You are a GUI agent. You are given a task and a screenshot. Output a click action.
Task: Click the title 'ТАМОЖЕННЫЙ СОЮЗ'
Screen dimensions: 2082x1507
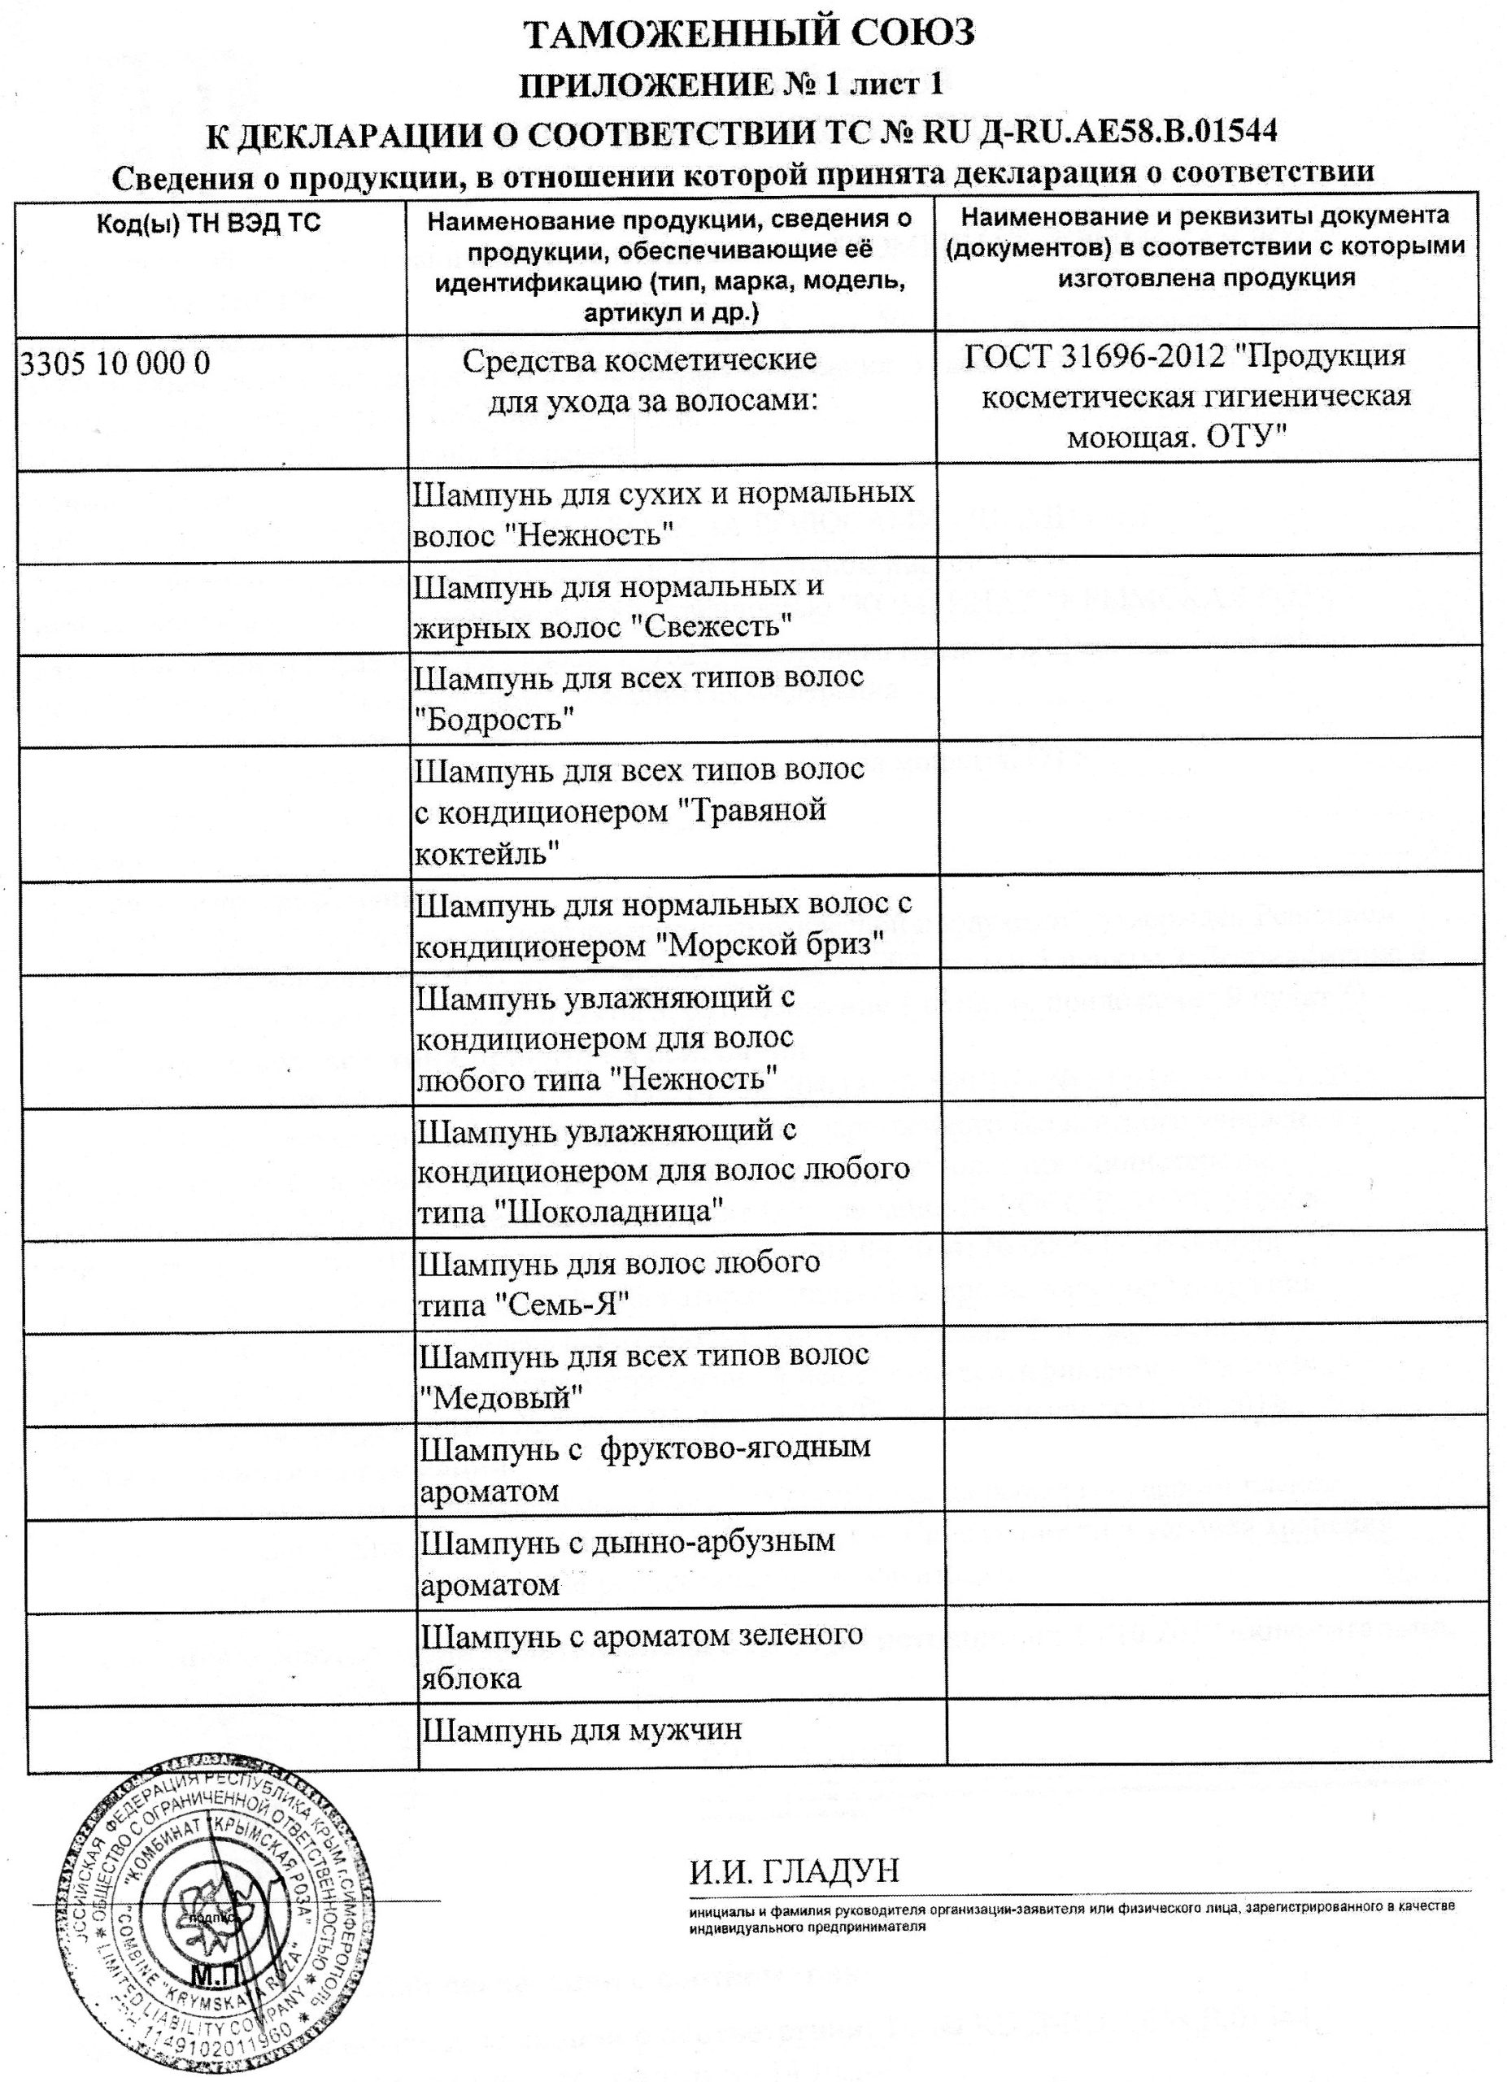tap(748, 35)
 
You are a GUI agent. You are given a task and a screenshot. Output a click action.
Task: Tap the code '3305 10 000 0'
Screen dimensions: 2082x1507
tap(115, 364)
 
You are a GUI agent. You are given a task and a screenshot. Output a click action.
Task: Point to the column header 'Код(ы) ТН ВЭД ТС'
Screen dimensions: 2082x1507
tap(209, 223)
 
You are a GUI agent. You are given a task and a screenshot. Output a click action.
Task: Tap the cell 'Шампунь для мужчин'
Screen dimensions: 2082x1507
tap(580, 1731)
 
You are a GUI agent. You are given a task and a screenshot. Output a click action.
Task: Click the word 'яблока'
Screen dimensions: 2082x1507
tap(471, 1679)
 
